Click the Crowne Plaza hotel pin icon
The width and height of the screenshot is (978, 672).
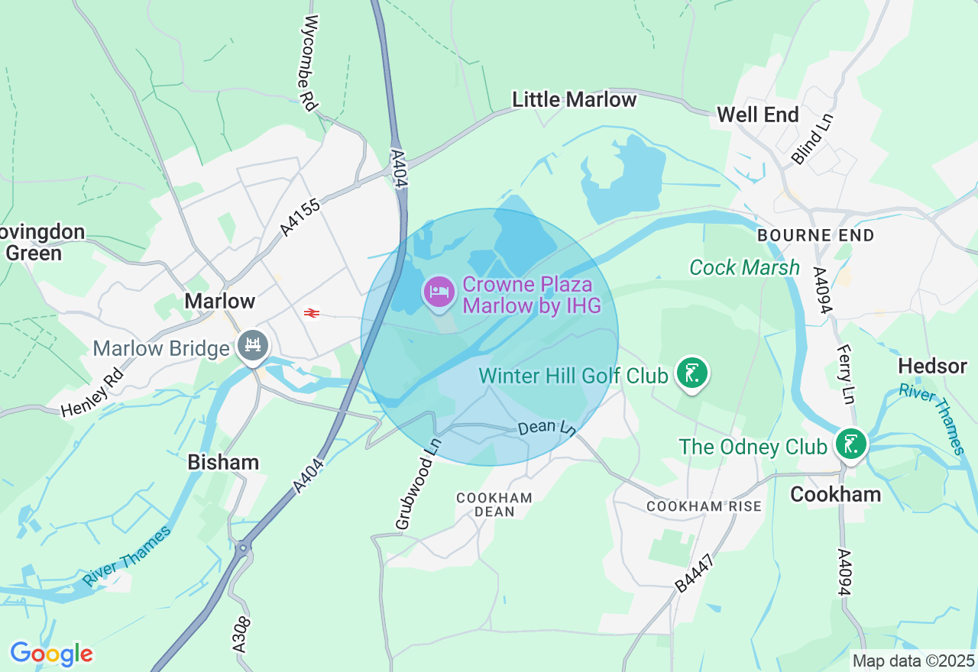[x=439, y=292]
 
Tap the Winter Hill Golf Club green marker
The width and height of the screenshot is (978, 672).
[x=692, y=373]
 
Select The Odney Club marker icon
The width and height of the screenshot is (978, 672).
[x=850, y=444]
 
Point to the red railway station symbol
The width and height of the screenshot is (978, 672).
[x=311, y=313]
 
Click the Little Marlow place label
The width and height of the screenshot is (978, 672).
[x=574, y=99]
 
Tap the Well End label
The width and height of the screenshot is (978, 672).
[x=757, y=115]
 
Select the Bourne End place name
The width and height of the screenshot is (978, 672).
[x=815, y=235]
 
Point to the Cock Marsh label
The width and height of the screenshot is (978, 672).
[x=744, y=267]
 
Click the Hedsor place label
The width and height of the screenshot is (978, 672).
[x=932, y=366]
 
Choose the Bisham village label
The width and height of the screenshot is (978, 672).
[x=223, y=462]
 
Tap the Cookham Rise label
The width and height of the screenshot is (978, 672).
[x=704, y=506]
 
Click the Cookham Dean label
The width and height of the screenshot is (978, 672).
[x=494, y=504]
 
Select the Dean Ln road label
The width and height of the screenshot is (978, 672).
[x=546, y=427]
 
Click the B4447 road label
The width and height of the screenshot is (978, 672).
[x=695, y=573]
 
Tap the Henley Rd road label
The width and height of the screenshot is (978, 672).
[x=92, y=393]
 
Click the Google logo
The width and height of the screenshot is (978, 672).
[x=51, y=654]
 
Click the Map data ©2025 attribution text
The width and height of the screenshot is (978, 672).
[x=913, y=661]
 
